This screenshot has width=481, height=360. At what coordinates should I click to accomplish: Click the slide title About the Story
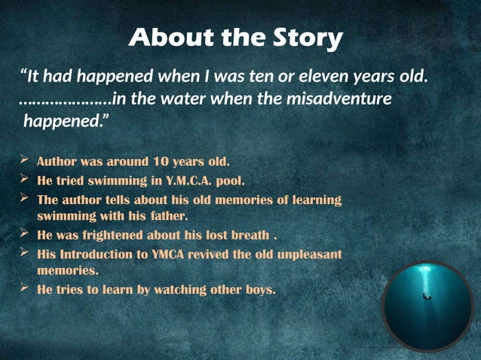(236, 37)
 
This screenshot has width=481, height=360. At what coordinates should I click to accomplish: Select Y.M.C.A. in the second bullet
(200, 181)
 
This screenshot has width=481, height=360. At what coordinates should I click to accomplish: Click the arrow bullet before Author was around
(24, 160)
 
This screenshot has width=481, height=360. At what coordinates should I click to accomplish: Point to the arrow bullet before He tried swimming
(24, 180)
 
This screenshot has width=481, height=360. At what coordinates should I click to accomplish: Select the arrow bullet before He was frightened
(24, 233)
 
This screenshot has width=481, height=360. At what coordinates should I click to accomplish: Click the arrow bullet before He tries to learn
(24, 288)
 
